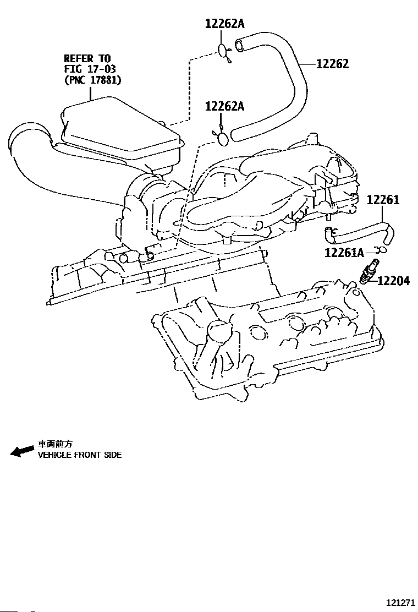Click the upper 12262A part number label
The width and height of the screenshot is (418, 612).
click(x=224, y=24)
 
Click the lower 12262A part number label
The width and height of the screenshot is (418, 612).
click(x=224, y=106)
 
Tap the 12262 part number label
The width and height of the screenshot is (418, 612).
click(x=332, y=64)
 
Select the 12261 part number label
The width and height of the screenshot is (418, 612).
click(x=383, y=200)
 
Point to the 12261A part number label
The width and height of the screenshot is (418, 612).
click(x=344, y=253)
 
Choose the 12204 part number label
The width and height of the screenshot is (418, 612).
click(x=393, y=281)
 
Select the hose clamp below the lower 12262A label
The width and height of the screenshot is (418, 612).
click(x=222, y=138)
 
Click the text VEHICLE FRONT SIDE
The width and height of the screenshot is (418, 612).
click(x=80, y=455)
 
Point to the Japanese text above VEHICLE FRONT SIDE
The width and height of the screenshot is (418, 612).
click(x=55, y=444)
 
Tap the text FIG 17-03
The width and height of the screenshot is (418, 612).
click(x=90, y=69)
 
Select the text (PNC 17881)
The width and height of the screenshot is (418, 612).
click(x=92, y=80)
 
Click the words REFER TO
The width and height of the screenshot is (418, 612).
click(x=87, y=58)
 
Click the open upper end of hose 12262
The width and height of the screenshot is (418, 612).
click(x=239, y=45)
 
